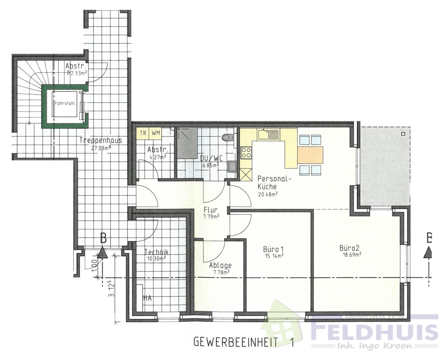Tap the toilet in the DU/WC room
point(226,137)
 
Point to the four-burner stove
point(246,152)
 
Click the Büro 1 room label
point(272,249)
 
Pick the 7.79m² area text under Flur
point(211,216)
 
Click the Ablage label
point(220,265)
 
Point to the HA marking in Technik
point(147,298)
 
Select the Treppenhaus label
point(100,140)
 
